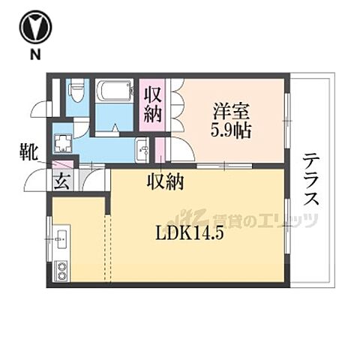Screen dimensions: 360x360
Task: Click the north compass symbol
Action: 34,28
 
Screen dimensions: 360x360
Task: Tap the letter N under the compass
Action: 34,56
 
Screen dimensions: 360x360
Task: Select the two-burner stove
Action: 61,271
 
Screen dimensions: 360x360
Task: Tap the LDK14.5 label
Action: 190,230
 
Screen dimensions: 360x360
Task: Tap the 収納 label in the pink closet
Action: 154,106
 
